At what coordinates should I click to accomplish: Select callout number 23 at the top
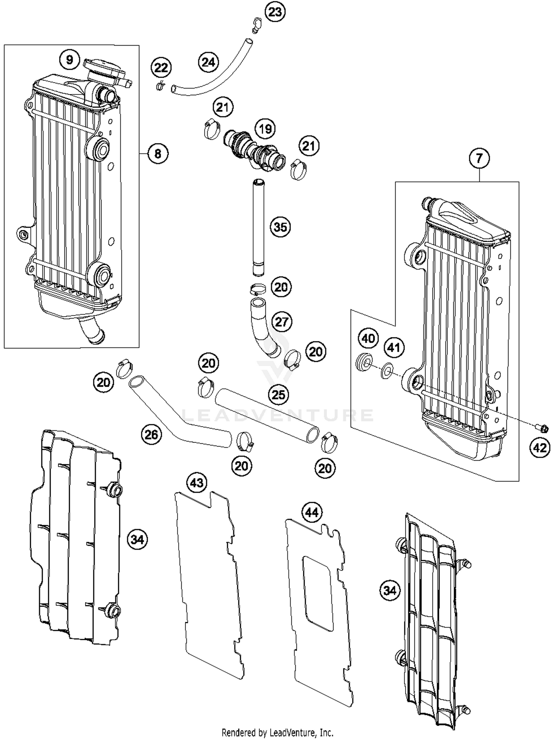(x=275, y=12)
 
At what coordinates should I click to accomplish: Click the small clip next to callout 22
(x=160, y=87)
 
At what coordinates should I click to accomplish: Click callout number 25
(x=278, y=395)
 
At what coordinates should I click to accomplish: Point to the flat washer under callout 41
(x=387, y=370)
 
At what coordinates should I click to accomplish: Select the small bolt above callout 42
(x=542, y=428)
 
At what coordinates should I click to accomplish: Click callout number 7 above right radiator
(x=479, y=158)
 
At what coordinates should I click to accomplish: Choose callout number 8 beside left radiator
(x=158, y=153)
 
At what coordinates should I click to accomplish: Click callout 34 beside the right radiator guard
(x=390, y=590)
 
